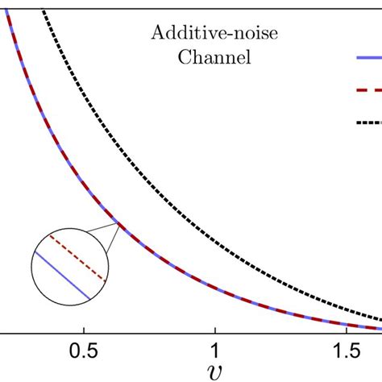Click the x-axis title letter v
click(215, 373)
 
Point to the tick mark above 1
click(215, 326)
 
